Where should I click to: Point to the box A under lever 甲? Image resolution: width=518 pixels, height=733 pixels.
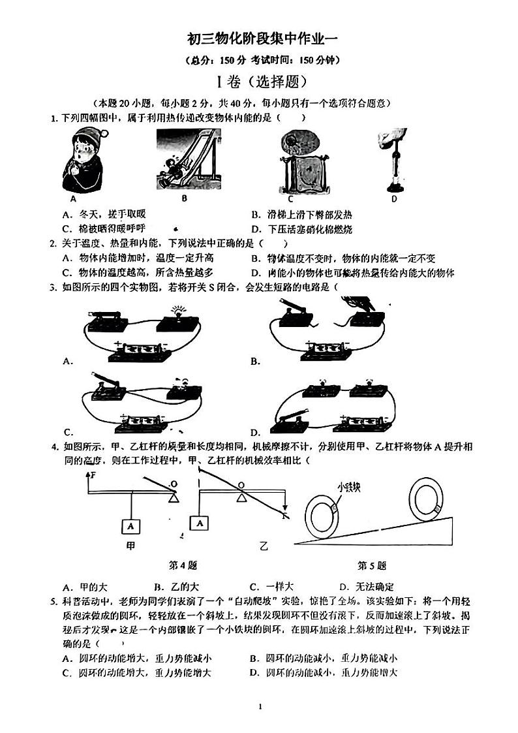tap(131, 525)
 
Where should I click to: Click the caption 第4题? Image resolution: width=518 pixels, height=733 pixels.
tap(183, 565)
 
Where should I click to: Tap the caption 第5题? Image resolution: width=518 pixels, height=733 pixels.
tap(372, 565)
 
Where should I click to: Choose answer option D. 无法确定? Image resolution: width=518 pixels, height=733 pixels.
tap(367, 586)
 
